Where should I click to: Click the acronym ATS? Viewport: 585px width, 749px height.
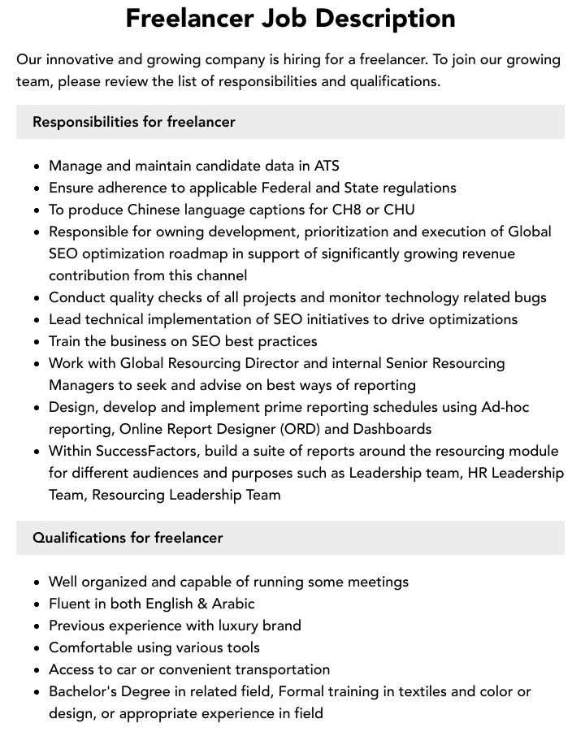coord(327,166)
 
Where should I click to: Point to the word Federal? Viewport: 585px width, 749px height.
coord(288,188)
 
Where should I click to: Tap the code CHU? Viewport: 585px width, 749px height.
coord(399,210)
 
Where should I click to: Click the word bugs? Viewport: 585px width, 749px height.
coord(529,297)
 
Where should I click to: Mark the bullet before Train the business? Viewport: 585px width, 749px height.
coord(37,342)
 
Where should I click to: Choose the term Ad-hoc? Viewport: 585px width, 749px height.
coord(505,407)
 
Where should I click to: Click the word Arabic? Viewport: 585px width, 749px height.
coord(234,604)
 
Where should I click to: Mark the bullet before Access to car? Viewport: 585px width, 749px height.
coord(37,670)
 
